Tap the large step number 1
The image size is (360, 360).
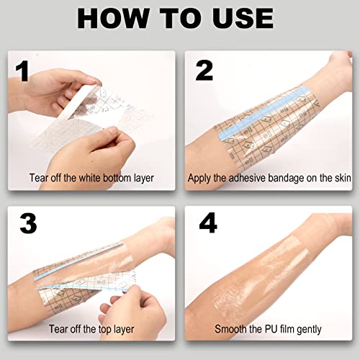[24, 72]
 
